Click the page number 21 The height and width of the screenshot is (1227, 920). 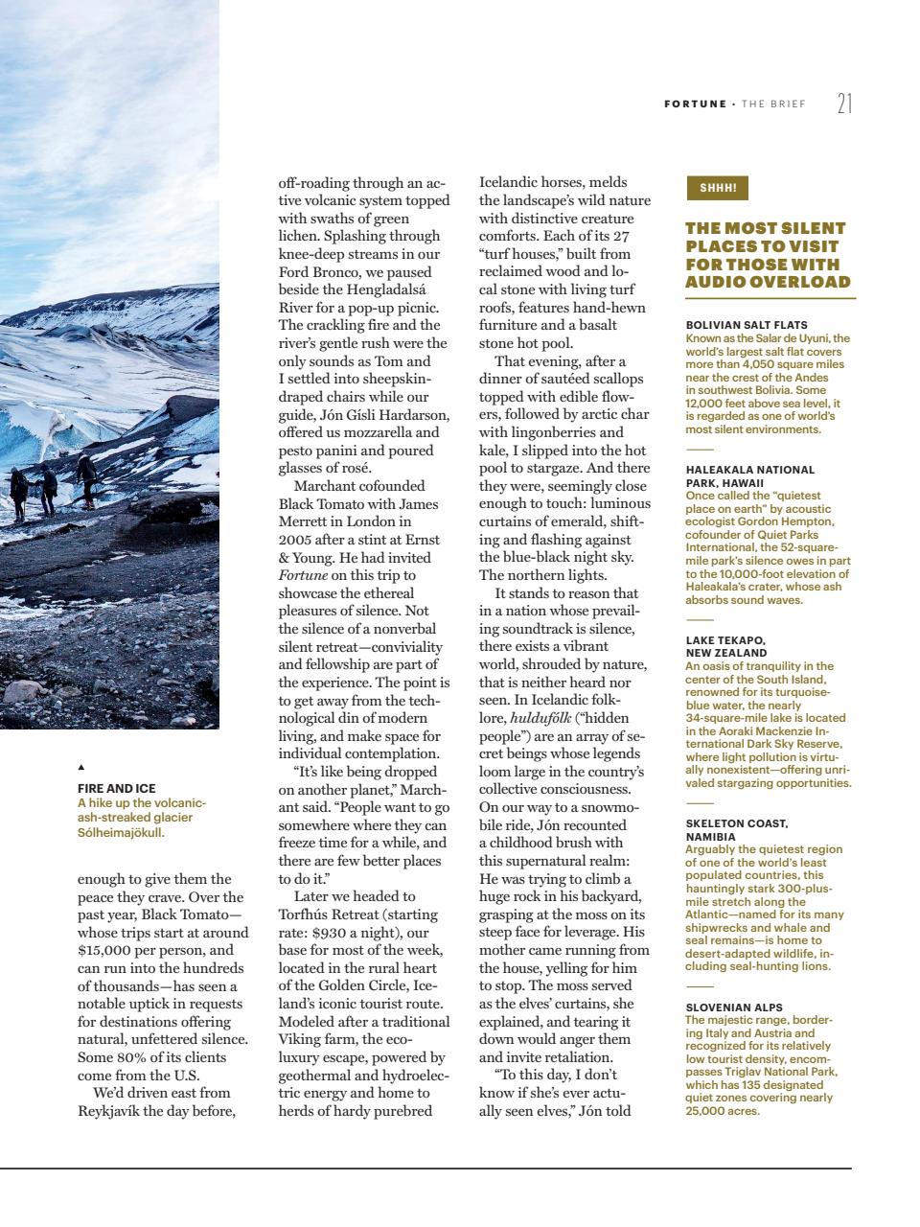coord(843,104)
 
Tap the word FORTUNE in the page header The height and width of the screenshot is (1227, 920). coord(695,104)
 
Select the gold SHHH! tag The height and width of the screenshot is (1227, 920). coord(717,189)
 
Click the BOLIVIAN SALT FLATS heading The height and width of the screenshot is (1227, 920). coord(747,326)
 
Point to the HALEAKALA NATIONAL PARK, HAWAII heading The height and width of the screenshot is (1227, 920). coord(749,476)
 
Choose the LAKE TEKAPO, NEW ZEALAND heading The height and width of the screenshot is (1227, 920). coord(727,646)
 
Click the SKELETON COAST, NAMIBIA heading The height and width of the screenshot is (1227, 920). coord(737,829)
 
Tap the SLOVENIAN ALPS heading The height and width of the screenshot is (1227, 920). coord(734,1007)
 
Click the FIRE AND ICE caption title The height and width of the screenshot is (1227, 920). coord(116,789)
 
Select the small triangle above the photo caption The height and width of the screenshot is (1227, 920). coord(80,767)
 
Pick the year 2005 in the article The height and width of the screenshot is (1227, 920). coord(295,540)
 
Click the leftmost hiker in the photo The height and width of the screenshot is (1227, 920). coord(18,492)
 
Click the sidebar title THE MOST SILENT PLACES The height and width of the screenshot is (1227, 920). coord(767,255)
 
